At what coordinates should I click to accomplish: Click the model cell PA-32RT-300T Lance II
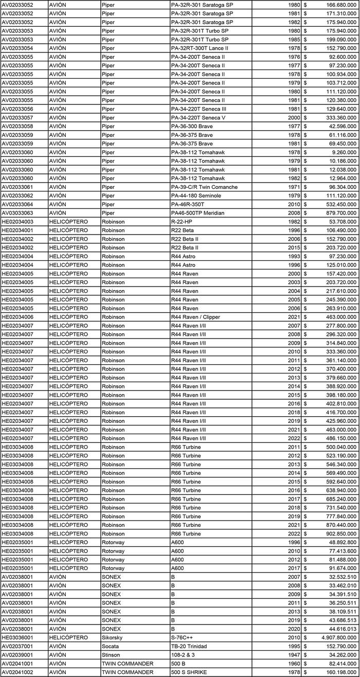(200, 48)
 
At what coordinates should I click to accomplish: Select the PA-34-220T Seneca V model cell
(198, 117)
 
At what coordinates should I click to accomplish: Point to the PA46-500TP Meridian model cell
(197, 213)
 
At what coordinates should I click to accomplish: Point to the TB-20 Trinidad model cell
(191, 646)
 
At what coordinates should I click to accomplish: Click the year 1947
(294, 655)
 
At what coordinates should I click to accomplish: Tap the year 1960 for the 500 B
(294, 664)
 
